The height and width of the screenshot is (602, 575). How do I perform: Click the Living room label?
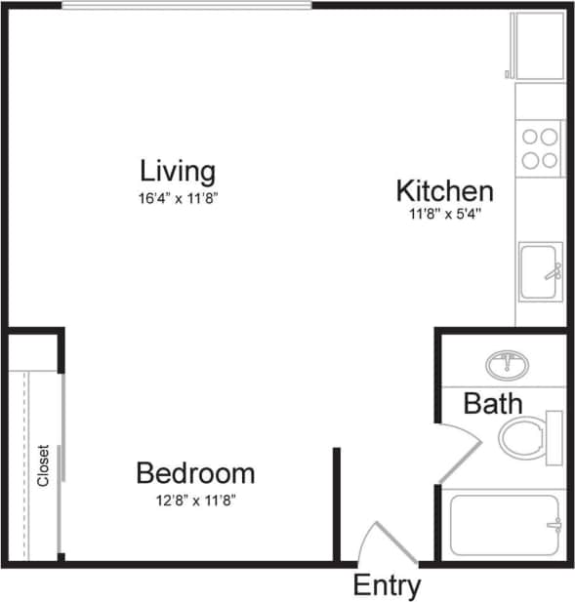pyautogui.click(x=178, y=172)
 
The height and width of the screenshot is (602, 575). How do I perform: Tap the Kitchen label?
pyautogui.click(x=444, y=189)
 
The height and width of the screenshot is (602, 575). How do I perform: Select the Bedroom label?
pyautogui.click(x=195, y=474)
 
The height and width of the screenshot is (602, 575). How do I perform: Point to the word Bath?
pyautogui.click(x=492, y=403)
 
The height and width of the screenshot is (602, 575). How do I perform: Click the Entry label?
pyautogui.click(x=387, y=585)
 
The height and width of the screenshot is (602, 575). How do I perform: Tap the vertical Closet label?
pyautogui.click(x=43, y=466)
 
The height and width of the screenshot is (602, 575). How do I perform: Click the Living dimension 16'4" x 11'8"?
pyautogui.click(x=178, y=197)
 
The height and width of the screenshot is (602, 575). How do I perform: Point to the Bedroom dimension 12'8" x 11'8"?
pyautogui.click(x=195, y=501)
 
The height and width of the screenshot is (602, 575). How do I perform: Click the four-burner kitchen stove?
pyautogui.click(x=539, y=147)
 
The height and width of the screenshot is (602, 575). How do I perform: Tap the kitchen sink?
pyautogui.click(x=539, y=270)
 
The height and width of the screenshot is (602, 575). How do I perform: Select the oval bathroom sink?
pyautogui.click(x=508, y=365)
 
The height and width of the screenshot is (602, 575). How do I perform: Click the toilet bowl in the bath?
pyautogui.click(x=522, y=437)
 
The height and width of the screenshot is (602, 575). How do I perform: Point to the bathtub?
pyautogui.click(x=505, y=525)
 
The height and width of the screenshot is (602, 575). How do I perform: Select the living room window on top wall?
pyautogui.click(x=186, y=6)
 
